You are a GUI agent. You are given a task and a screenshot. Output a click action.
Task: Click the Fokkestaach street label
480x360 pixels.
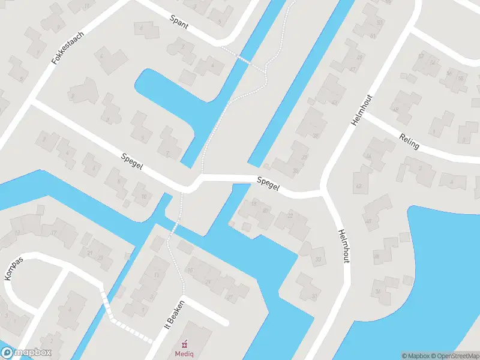(x=67, y=48)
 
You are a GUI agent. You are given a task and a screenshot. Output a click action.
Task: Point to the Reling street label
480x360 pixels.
(x=409, y=142)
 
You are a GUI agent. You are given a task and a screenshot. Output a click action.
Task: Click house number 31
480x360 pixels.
(x=314, y=296)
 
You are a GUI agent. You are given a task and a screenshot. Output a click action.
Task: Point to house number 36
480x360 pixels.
(x=377, y=292)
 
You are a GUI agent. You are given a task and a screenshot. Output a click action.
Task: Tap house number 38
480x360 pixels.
(x=377, y=256)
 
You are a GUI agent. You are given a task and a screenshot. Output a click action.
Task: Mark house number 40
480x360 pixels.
(x=368, y=221)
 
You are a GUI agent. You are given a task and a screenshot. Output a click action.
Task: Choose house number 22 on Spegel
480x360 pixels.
(x=290, y=215)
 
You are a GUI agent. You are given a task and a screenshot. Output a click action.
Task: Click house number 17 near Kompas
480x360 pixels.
(x=53, y=233)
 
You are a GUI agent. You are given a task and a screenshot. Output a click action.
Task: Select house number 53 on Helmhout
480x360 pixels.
(x=379, y=23)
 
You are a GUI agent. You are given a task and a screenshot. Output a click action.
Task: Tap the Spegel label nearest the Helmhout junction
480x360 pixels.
(x=268, y=184)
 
